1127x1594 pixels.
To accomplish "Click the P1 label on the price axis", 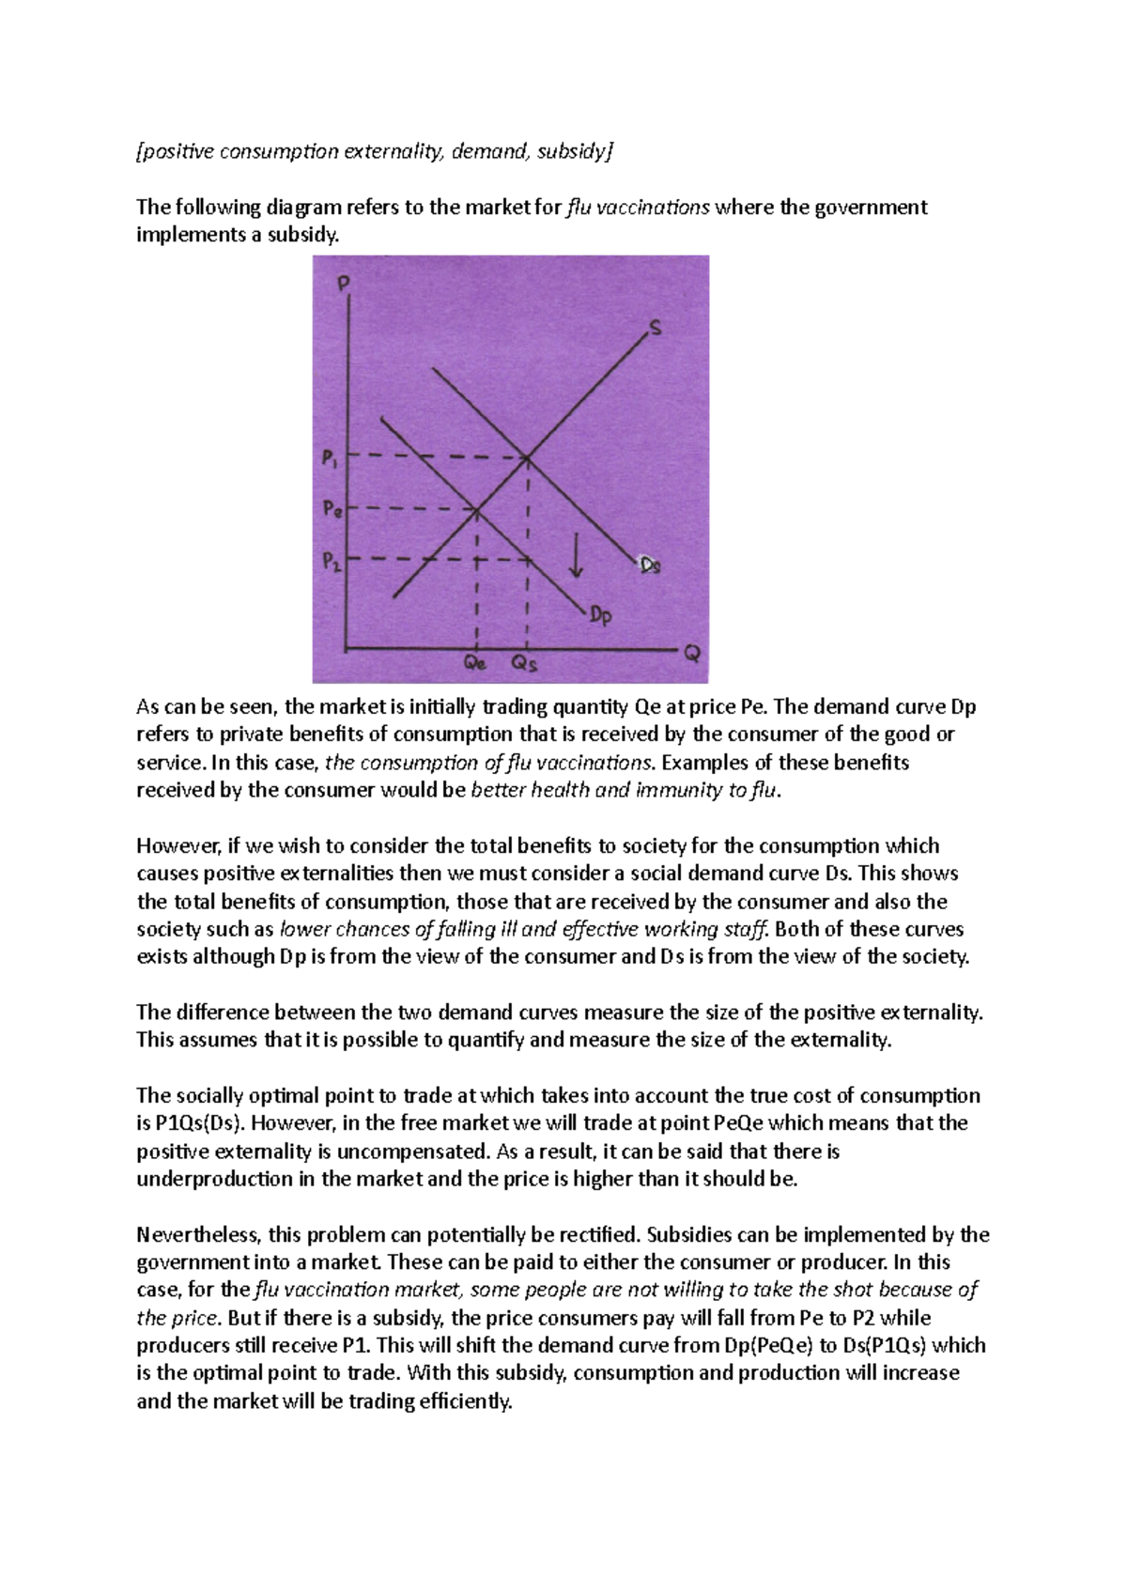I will pos(330,461).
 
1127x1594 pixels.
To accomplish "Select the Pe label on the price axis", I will pos(332,510).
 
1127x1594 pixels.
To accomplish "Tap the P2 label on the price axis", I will pos(331,562).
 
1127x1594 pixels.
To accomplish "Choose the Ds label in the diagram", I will pos(650,565).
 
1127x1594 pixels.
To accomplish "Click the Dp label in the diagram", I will pos(601,616).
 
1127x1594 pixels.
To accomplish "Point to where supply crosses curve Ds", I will pos(527,457).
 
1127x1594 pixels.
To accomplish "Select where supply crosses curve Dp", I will pos(477,510).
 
